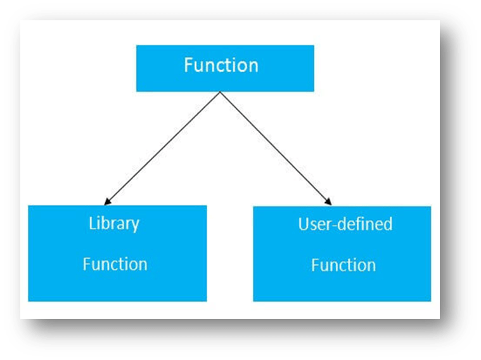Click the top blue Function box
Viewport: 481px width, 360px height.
225,68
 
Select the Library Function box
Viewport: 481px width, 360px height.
117,253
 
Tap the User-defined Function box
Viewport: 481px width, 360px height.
342,254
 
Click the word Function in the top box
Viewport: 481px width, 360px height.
221,65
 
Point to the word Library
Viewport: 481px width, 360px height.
114,224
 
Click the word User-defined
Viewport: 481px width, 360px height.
345,224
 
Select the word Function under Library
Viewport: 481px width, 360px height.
115,264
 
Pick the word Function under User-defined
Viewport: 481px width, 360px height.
343,265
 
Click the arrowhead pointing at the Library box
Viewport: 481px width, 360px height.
107,202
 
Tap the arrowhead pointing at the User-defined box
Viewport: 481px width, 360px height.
328,202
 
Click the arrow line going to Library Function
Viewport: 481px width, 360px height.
162,148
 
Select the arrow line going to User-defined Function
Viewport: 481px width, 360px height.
276,148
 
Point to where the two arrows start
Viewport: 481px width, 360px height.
221,91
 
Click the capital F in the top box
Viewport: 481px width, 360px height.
188,65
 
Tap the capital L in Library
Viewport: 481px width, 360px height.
92,223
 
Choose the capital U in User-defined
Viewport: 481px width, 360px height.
304,224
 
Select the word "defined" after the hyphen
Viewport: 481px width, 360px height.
366,224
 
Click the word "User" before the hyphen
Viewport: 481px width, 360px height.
316,224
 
